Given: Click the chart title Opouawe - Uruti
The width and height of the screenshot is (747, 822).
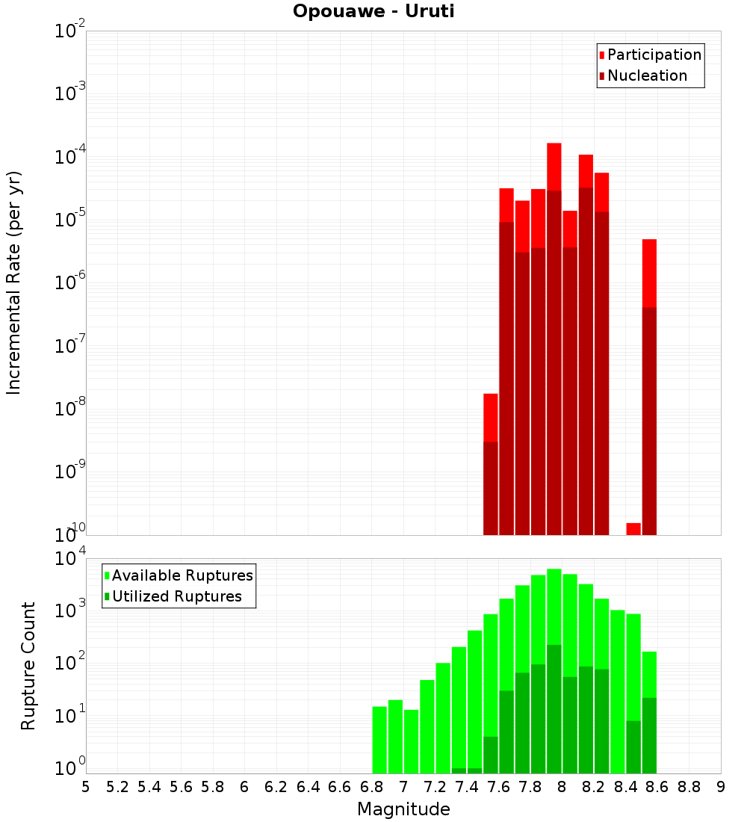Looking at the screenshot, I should point(373,11).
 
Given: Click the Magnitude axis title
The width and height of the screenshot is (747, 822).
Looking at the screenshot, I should point(403,809).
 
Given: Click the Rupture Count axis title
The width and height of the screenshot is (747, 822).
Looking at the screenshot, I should point(28,666).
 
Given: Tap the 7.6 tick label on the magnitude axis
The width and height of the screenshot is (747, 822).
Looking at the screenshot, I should point(499,787).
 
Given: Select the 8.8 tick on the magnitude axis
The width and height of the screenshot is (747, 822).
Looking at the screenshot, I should point(689,787).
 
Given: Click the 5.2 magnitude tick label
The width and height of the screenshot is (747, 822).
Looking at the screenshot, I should point(117,787).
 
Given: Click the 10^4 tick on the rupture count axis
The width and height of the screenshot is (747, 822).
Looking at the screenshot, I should point(72,559).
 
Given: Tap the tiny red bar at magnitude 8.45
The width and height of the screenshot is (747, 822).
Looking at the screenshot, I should point(633,528).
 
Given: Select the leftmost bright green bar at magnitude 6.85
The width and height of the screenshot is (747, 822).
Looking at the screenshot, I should point(379,739).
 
